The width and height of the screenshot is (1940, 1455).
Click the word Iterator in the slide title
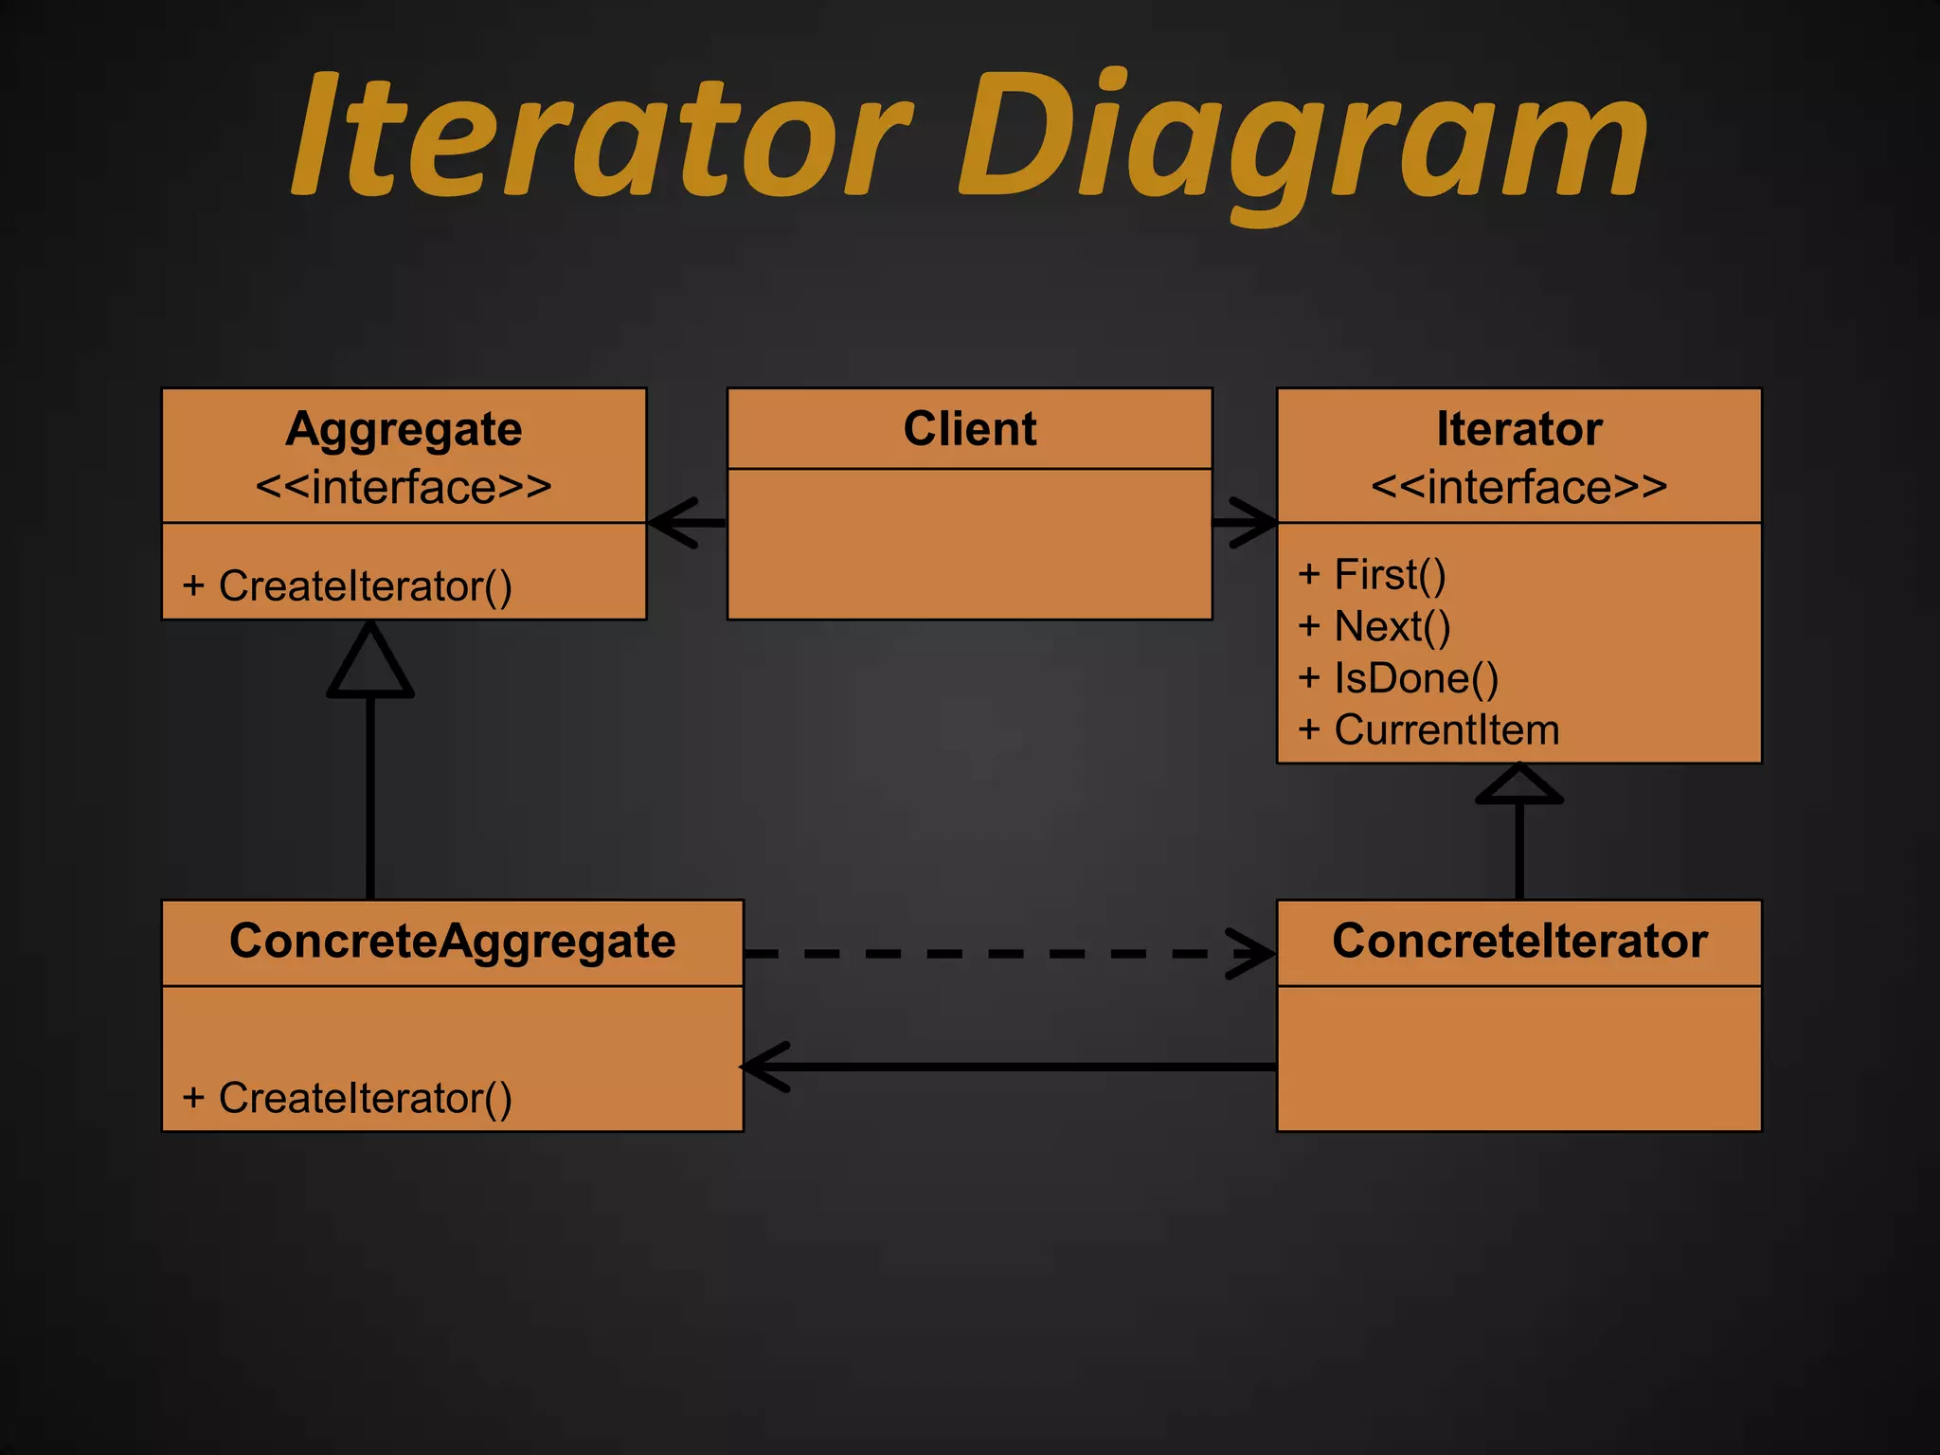(602, 136)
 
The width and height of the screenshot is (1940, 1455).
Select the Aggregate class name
(404, 429)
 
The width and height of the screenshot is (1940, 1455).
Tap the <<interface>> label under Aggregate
(404, 487)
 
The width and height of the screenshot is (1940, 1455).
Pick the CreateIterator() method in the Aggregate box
(347, 585)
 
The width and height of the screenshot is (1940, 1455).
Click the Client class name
(969, 428)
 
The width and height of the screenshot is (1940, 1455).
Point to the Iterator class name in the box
(1518, 428)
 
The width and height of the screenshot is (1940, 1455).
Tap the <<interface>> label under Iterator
(1518, 487)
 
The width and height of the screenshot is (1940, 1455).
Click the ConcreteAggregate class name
(452, 941)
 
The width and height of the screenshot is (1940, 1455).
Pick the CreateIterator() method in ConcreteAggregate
(347, 1098)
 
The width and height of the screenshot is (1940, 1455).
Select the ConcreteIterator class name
(1518, 941)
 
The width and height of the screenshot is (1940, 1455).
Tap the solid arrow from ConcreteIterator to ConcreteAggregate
(1010, 1067)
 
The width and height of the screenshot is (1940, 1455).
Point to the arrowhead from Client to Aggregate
(674, 522)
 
